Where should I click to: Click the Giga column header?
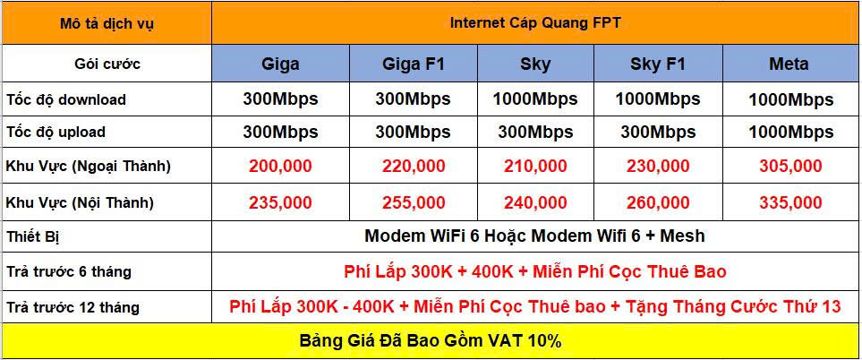pos(280,64)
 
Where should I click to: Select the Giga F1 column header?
pos(413,64)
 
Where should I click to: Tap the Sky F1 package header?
pos(658,64)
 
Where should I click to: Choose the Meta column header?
pos(789,64)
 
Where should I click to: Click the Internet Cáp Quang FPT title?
pos(535,23)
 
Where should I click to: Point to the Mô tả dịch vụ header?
pos(107,24)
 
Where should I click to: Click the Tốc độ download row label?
pos(66,99)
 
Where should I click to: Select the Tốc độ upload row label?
pos(55,133)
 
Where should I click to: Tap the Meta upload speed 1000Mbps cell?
pos(791,133)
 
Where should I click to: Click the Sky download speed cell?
pos(535,99)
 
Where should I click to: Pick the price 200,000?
pos(280,166)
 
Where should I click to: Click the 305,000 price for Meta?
pos(790,166)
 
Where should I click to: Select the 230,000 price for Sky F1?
pos(658,166)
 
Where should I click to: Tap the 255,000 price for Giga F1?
pos(414,202)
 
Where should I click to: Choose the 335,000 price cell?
pos(790,202)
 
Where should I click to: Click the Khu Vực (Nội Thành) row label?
pos(80,202)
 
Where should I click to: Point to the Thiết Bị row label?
pos(32,237)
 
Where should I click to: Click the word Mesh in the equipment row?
pos(682,236)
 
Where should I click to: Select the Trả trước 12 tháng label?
pos(73,307)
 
